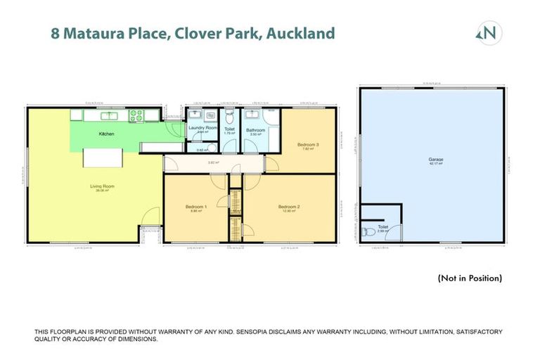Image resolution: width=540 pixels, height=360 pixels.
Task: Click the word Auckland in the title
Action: pyautogui.click(x=300, y=33)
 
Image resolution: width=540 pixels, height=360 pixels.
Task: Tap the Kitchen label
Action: pyautogui.click(x=106, y=134)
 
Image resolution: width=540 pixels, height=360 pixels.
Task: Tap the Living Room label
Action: pyautogui.click(x=102, y=186)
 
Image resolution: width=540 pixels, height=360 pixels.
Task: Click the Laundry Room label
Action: pyautogui.click(x=203, y=127)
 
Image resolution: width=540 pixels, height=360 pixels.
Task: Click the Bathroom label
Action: pyautogui.click(x=255, y=130)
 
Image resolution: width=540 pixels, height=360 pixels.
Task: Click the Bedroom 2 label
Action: pyautogui.click(x=290, y=207)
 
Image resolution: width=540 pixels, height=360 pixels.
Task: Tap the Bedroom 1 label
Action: pyautogui.click(x=195, y=207)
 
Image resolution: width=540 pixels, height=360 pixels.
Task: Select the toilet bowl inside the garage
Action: pyautogui.click(x=367, y=231)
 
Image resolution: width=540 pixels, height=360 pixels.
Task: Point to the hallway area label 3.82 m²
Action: pyautogui.click(x=210, y=162)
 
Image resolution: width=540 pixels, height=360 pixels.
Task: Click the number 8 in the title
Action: pyautogui.click(x=55, y=33)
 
